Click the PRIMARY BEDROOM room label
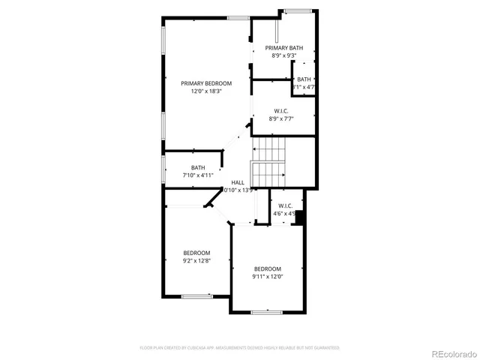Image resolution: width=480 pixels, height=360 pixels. click(x=206, y=83)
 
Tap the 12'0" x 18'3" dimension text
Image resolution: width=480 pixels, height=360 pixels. click(x=206, y=91)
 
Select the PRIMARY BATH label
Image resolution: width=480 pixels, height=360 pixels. click(x=283, y=48)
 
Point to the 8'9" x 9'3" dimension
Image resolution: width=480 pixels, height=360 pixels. click(x=283, y=55)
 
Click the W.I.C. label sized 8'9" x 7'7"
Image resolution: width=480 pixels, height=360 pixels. click(x=281, y=110)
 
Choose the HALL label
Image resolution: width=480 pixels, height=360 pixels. click(x=238, y=182)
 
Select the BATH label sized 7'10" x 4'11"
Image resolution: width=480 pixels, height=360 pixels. click(x=198, y=167)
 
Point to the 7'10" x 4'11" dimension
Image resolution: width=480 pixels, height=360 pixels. click(x=198, y=175)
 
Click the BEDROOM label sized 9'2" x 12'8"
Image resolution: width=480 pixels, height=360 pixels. click(x=196, y=253)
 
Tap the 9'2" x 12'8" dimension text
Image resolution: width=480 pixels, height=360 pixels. click(x=196, y=261)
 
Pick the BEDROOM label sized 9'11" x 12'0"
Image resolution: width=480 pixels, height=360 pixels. click(x=267, y=268)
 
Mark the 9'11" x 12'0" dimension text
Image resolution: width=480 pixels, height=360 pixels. click(x=267, y=277)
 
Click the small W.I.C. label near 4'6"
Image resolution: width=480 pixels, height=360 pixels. click(x=285, y=205)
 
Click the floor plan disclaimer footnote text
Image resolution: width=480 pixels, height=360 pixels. click(x=240, y=348)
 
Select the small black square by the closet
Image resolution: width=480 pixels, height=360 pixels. click(x=300, y=218)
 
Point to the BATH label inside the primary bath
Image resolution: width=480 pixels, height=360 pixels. click(x=304, y=79)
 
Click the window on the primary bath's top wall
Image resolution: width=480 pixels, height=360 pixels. click(x=297, y=10)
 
